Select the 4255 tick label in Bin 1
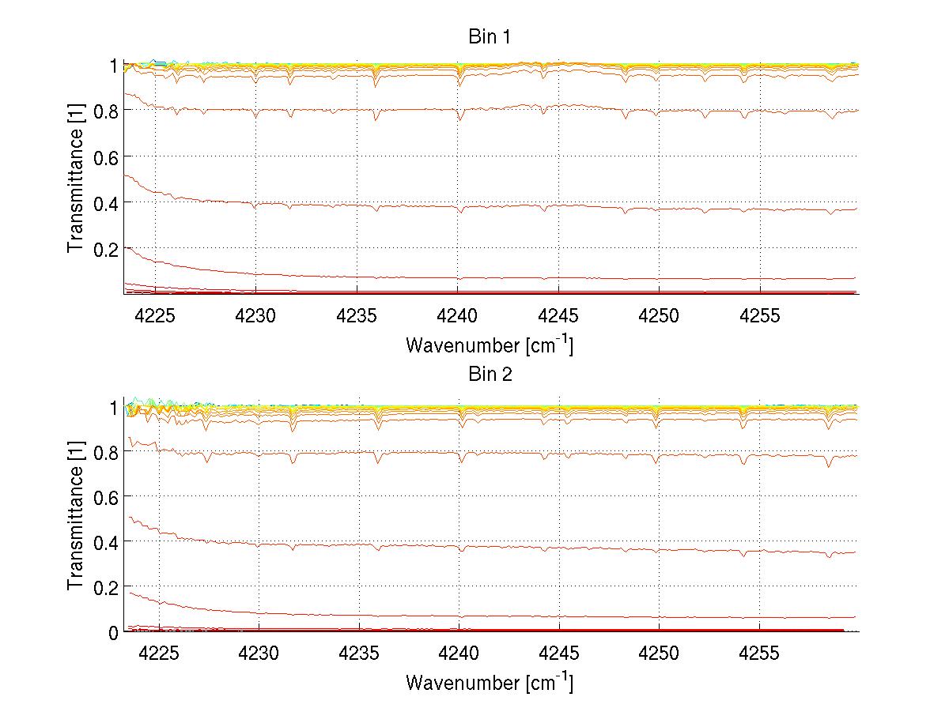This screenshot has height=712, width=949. (x=760, y=316)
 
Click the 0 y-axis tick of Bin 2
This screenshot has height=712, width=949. (x=112, y=632)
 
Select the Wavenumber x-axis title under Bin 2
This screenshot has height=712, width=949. (x=490, y=682)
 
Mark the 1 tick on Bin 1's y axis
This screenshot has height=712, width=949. (x=112, y=66)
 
